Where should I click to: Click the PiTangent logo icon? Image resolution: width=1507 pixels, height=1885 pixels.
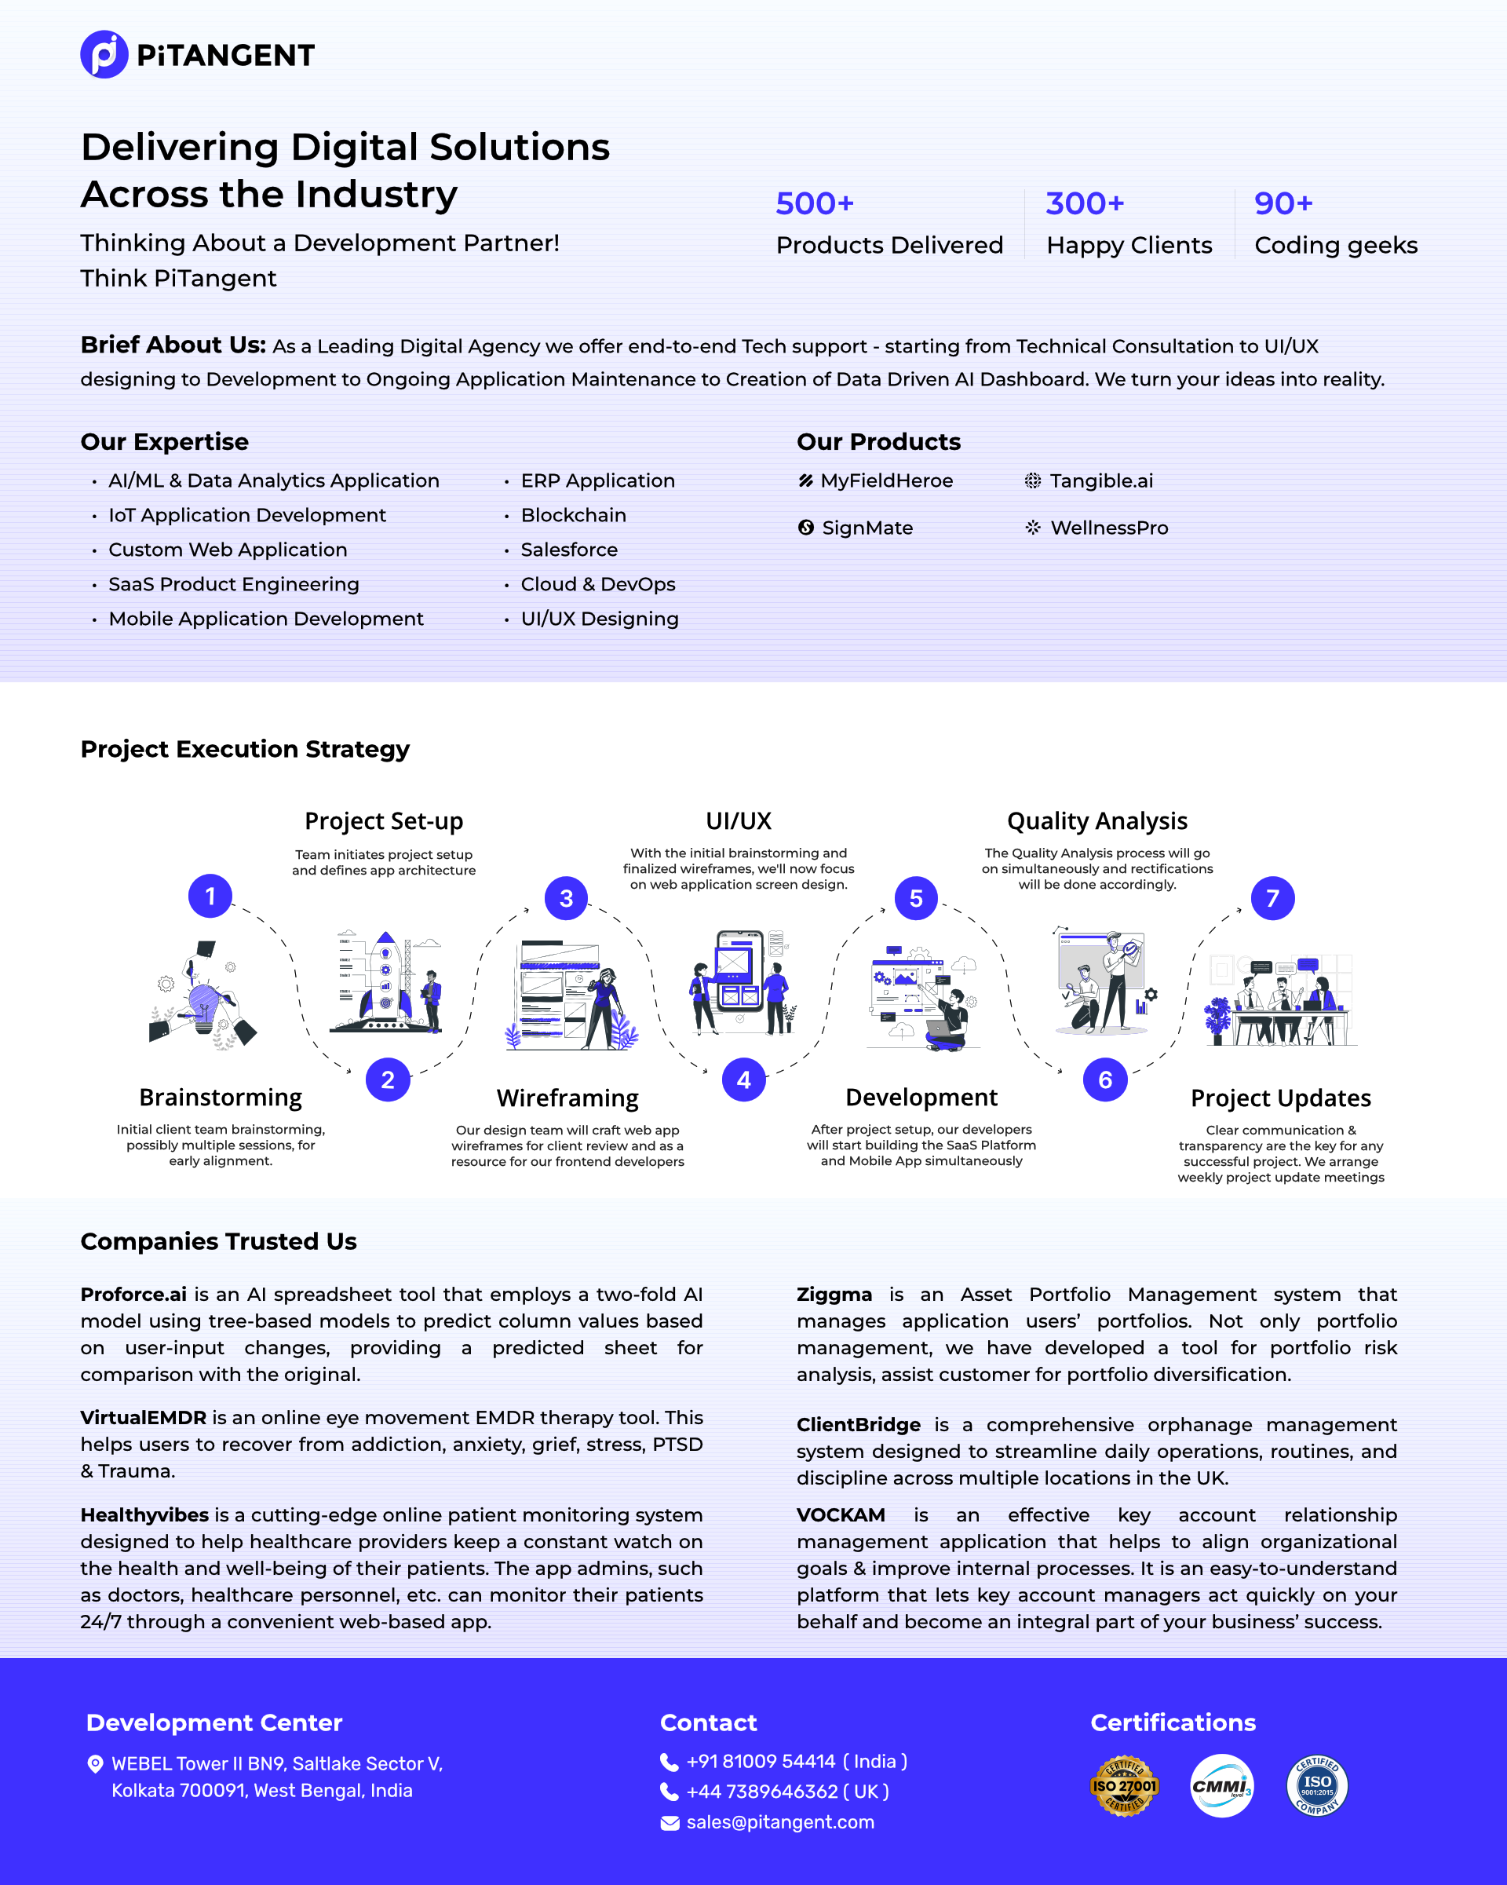104,54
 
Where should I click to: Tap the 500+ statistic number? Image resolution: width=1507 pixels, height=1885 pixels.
814,203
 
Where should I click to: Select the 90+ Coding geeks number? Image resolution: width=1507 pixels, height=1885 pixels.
1283,203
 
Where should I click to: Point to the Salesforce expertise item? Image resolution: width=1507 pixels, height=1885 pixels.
568,550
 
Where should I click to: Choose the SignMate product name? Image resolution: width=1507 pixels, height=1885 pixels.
867,528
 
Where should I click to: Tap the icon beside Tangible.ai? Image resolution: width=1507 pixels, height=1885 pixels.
1032,480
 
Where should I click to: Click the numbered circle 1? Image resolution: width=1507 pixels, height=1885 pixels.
210,896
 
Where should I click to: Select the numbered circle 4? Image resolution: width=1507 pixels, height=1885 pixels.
743,1079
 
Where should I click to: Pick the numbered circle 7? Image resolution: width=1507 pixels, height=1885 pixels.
1272,898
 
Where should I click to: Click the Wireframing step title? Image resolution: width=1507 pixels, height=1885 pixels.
567,1098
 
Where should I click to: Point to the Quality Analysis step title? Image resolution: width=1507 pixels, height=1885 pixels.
1096,821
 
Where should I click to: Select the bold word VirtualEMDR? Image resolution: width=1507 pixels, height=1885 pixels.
144,1417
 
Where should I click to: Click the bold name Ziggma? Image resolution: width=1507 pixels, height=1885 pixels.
834,1294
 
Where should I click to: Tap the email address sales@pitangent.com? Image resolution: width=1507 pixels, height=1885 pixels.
779,1822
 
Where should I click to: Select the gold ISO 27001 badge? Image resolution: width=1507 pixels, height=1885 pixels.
1123,1786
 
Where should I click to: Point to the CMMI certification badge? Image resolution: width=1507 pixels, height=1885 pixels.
1221,1786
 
